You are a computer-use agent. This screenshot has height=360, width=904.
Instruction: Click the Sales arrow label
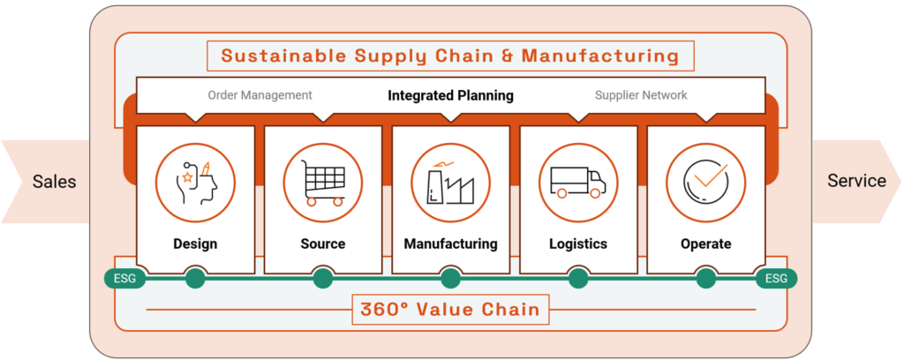coord(54,182)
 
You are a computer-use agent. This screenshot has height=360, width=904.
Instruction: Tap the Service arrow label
coord(856,181)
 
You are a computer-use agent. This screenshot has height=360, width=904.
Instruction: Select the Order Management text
coord(260,95)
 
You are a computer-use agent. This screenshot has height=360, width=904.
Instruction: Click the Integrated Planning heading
coord(450,95)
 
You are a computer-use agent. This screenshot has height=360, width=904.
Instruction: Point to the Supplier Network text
coord(641,95)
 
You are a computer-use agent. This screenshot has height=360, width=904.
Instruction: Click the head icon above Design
coord(195,184)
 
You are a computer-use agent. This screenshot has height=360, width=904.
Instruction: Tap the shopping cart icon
coord(323,184)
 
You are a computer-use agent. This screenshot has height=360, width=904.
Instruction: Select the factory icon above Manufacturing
coord(450,184)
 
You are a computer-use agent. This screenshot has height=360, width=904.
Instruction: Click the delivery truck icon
coord(578,184)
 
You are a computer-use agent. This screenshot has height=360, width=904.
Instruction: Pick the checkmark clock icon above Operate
coord(705,184)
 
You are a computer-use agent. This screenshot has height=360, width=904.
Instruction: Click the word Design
coord(195,244)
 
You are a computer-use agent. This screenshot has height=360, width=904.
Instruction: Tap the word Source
coord(323,244)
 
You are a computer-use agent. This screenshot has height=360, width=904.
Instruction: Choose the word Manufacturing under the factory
coord(450,244)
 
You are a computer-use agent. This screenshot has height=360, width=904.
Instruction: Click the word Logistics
coord(578,244)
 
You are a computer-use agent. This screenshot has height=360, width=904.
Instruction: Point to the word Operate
coord(705,244)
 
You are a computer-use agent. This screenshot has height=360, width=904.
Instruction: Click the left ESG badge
coord(124,279)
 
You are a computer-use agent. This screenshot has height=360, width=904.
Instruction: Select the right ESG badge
coord(776,279)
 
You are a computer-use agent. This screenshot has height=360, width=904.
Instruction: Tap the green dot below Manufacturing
coord(450,279)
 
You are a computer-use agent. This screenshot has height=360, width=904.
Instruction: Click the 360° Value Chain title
coord(450,311)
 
